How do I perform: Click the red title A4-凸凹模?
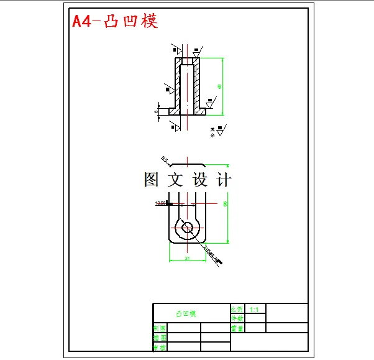click(x=115, y=21)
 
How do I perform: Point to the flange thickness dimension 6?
click(x=156, y=111)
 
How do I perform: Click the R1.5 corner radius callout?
click(x=165, y=159)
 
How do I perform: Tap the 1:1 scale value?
click(x=254, y=309)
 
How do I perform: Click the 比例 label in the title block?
click(x=237, y=309)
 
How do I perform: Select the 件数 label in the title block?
click(x=237, y=318)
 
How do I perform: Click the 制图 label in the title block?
click(x=160, y=328)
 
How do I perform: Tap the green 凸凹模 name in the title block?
click(x=185, y=313)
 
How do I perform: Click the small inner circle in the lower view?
click(x=187, y=228)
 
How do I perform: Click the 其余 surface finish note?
click(x=212, y=131)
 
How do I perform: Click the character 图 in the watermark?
click(x=152, y=180)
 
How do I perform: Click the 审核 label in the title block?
click(x=160, y=347)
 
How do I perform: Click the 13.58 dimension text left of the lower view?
click(x=160, y=203)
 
